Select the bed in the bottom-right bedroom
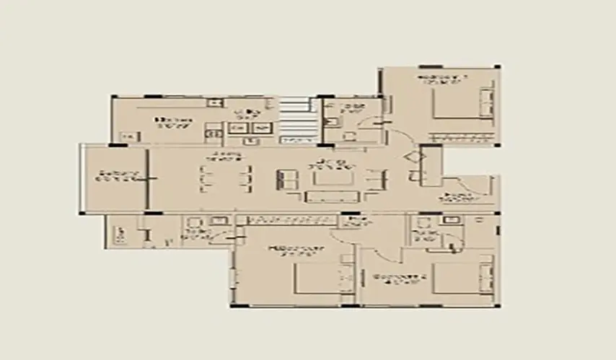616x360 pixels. [x=465, y=278]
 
